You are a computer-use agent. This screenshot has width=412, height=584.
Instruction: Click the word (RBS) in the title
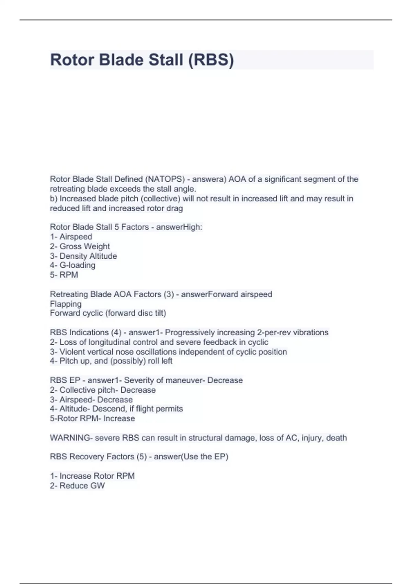tap(211, 60)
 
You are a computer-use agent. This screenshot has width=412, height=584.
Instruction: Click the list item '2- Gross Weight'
tap(80, 246)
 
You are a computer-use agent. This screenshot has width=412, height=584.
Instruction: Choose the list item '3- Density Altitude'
tap(83, 256)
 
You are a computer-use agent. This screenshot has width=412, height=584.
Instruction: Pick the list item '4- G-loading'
tap(72, 265)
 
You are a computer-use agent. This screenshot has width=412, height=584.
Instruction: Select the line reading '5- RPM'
tap(64, 275)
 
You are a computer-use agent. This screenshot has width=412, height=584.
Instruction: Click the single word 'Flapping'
tap(66, 304)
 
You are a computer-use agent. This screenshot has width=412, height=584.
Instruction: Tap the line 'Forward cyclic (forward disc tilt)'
tap(108, 313)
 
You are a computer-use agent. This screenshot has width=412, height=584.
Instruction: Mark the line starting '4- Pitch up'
tap(111, 361)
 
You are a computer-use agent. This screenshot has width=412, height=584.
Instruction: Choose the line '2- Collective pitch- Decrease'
tap(103, 390)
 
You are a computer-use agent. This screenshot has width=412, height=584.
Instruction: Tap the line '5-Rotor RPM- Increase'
tap(92, 418)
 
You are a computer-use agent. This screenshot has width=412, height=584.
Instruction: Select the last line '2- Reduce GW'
tap(77, 485)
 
